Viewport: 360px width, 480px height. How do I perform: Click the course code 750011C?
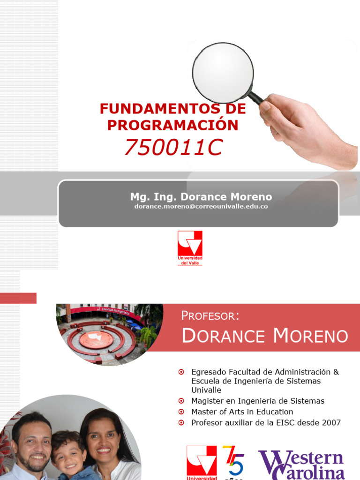[172, 148]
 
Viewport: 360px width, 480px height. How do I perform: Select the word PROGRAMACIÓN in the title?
[172, 125]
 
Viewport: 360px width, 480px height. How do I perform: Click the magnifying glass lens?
[223, 73]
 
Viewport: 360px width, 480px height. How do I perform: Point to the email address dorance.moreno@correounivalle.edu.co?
[201, 206]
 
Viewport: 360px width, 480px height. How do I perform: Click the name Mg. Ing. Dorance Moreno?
[201, 197]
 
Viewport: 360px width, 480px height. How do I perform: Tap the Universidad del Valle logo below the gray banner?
[190, 247]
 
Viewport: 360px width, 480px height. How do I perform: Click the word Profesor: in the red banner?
[210, 315]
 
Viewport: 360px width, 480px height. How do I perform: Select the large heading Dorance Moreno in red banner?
[264, 336]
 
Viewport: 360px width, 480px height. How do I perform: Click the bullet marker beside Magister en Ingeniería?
[181, 401]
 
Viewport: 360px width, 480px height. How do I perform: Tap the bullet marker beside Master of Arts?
[181, 412]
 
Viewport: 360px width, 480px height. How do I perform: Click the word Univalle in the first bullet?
[206, 390]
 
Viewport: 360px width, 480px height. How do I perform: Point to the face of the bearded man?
[32, 443]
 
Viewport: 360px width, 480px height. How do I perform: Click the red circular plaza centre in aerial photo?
[97, 339]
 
